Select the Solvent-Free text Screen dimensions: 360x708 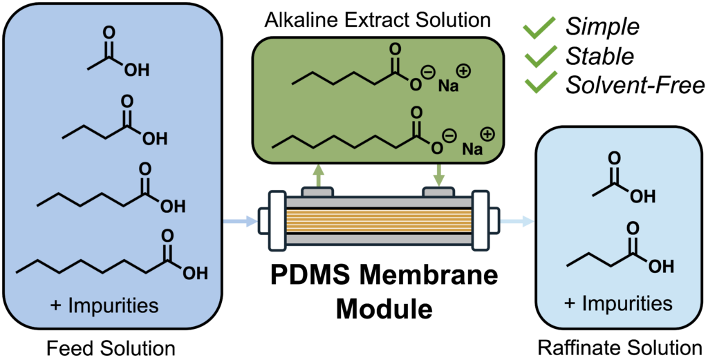point(635,84)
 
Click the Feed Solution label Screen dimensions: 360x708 point(111,345)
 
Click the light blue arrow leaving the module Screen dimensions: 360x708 point(519,222)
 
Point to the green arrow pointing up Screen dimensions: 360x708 point(318,174)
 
